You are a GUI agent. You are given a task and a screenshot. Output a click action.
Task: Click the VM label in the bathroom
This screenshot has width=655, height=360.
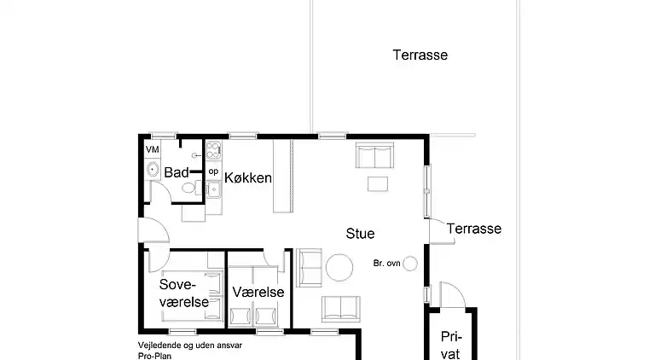153,149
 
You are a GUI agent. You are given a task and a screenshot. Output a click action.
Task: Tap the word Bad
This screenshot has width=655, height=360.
177,172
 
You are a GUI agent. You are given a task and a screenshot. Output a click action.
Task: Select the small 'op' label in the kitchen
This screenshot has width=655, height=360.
213,171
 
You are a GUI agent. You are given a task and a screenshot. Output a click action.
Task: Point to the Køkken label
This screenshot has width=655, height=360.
248,178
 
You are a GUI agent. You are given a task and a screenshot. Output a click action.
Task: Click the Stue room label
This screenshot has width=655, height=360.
360,234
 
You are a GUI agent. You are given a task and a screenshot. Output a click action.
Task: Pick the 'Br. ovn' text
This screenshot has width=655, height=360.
387,264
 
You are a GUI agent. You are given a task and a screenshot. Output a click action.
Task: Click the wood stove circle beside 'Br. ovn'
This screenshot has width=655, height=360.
410,264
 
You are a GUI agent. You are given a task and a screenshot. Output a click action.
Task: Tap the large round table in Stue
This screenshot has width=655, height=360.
339,267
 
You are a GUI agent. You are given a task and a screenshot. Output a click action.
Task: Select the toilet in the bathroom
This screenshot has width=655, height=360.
191,188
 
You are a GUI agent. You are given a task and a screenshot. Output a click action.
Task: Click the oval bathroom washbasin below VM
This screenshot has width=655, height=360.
153,170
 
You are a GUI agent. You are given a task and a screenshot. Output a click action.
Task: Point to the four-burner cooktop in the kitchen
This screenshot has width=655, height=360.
213,150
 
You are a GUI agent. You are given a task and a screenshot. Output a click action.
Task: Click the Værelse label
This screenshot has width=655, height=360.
258,292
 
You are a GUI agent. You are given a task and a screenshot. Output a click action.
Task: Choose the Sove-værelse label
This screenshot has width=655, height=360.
184,293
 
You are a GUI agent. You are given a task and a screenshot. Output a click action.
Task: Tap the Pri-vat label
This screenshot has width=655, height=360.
450,345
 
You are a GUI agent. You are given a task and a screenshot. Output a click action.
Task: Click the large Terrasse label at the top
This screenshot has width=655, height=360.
420,55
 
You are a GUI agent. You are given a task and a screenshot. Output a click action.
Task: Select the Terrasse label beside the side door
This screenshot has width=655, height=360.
473,229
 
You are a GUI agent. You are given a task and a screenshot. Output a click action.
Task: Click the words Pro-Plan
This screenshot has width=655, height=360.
154,356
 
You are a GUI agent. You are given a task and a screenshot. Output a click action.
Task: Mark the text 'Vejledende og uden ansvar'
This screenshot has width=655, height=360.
190,345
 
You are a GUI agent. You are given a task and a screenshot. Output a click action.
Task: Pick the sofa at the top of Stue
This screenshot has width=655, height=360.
374,155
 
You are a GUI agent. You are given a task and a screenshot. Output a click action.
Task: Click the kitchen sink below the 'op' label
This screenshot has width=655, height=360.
213,190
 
